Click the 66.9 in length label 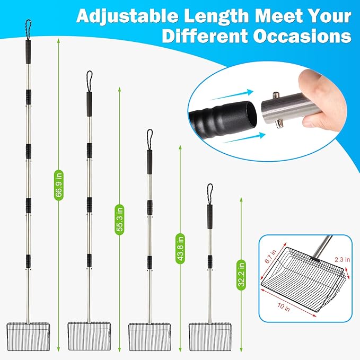tap(59, 185)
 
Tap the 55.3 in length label tap(120, 219)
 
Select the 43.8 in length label tap(180, 249)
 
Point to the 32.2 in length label tap(241, 275)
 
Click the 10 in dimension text tap(284, 307)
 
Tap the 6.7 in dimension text tap(270, 257)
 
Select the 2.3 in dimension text tap(342, 259)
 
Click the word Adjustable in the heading tap(127, 16)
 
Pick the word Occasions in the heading tap(302, 36)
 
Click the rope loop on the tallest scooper tap(28, 30)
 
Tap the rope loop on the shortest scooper tap(209, 194)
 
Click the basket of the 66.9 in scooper tap(28, 337)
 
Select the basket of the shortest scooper tap(210, 337)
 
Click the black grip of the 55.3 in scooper tap(89, 104)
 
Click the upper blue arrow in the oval tap(231, 95)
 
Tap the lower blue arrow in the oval tap(244, 137)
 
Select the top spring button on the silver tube tap(276, 95)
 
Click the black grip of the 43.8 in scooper tap(150, 162)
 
